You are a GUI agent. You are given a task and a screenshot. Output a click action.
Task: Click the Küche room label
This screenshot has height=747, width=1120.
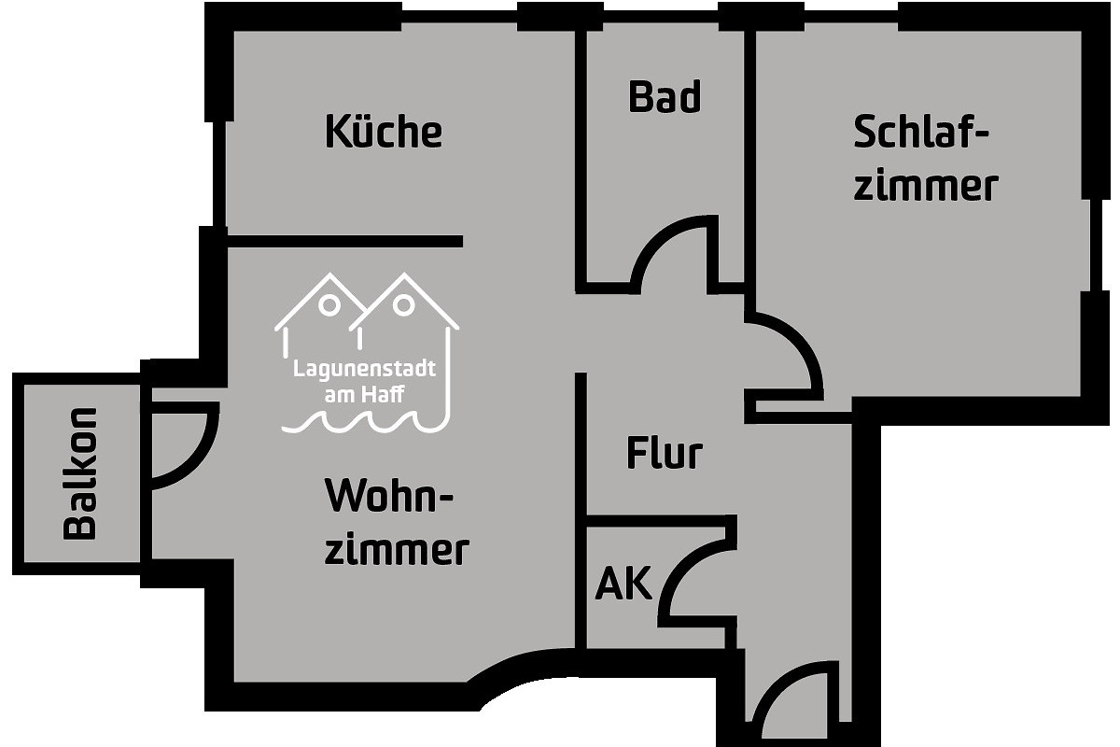point(384,131)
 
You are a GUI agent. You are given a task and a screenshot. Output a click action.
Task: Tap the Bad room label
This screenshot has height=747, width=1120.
point(665,96)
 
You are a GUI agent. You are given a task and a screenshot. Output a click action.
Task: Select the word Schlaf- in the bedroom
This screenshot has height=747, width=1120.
point(921,132)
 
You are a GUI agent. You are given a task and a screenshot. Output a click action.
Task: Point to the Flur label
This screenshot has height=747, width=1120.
point(665,453)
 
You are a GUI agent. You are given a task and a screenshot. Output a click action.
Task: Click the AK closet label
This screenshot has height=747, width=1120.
point(624,583)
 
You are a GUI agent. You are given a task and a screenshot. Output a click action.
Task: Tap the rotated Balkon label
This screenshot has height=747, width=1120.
point(80,473)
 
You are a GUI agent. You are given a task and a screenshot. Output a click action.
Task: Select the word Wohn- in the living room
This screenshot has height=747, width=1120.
point(389,495)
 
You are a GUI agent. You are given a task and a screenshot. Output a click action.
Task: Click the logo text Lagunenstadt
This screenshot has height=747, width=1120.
point(365,369)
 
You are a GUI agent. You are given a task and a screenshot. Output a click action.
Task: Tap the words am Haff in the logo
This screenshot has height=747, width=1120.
point(365,395)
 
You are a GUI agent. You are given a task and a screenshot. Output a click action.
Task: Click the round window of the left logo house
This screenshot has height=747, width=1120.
point(329,304)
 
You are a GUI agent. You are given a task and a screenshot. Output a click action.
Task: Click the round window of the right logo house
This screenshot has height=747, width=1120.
point(403,305)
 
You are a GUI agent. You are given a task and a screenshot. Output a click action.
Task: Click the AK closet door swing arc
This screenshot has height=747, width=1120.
point(680,565)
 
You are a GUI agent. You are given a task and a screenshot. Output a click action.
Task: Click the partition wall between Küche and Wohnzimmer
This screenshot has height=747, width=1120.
point(345,241)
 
